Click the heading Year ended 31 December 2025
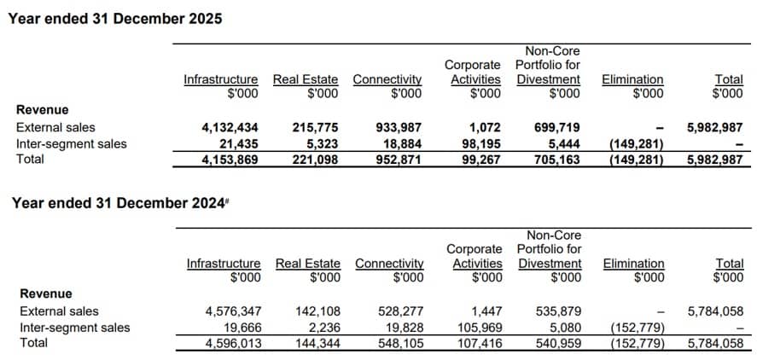click(115, 19)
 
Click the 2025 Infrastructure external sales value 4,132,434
click(230, 128)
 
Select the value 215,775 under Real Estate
click(315, 128)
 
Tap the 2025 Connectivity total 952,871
click(399, 160)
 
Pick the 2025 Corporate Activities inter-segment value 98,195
click(480, 143)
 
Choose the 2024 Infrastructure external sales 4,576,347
click(233, 311)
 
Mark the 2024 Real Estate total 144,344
click(317, 343)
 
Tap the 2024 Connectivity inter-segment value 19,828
click(405, 328)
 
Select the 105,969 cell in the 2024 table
click(480, 328)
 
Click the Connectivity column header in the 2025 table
click(387, 79)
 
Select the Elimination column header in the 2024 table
click(633, 264)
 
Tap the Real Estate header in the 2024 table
click(308, 264)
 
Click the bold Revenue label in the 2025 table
click(43, 110)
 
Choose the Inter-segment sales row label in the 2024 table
click(75, 328)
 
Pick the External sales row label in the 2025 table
click(55, 127)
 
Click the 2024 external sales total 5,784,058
click(715, 311)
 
